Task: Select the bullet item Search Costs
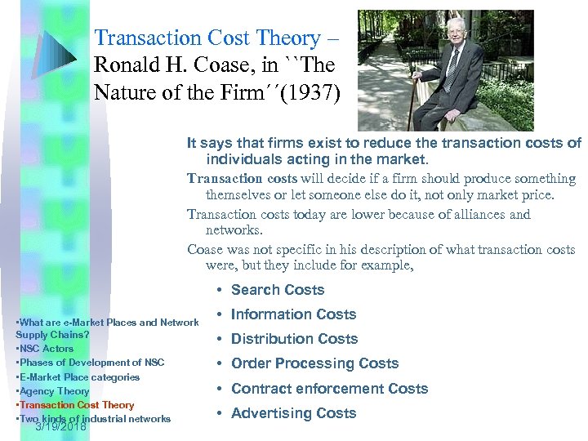pyautogui.click(x=278, y=290)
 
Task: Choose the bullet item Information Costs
pyautogui.click(x=293, y=314)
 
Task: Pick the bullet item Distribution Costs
pyautogui.click(x=294, y=339)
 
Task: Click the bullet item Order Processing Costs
pyautogui.click(x=314, y=363)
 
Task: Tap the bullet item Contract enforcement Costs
pyautogui.click(x=329, y=389)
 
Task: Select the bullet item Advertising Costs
pyautogui.click(x=293, y=413)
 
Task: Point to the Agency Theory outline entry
pyautogui.click(x=53, y=391)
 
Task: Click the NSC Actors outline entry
pyautogui.click(x=46, y=349)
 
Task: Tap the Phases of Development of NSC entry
pyautogui.click(x=91, y=363)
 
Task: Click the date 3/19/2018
pyautogui.click(x=60, y=425)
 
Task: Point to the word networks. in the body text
pyautogui.click(x=233, y=230)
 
